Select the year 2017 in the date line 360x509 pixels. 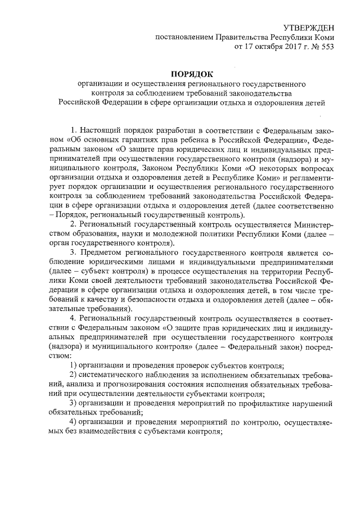click(277, 47)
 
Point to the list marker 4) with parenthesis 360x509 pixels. click(73, 423)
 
